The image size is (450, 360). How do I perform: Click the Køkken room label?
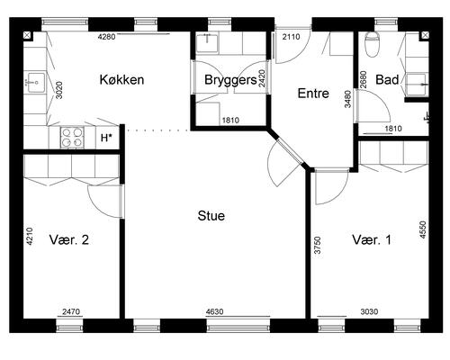pyautogui.click(x=122, y=80)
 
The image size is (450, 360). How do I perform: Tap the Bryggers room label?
pyautogui.click(x=229, y=80)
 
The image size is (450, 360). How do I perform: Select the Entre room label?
pyautogui.click(x=312, y=93)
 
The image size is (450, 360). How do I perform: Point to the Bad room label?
pyautogui.click(x=388, y=80)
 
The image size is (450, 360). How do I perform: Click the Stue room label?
pyautogui.click(x=211, y=216)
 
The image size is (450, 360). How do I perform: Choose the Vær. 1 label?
pyautogui.click(x=372, y=240)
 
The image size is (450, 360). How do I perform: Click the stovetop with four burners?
pyautogui.click(x=72, y=138)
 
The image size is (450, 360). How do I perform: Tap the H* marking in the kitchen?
pyautogui.click(x=106, y=138)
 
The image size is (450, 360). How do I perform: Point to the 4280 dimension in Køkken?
pyautogui.click(x=107, y=37)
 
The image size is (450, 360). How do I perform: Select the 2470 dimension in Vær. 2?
pyautogui.click(x=71, y=312)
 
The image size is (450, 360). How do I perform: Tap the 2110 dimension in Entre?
pyautogui.click(x=291, y=37)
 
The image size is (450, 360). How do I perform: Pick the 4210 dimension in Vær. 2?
pyautogui.click(x=29, y=238)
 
